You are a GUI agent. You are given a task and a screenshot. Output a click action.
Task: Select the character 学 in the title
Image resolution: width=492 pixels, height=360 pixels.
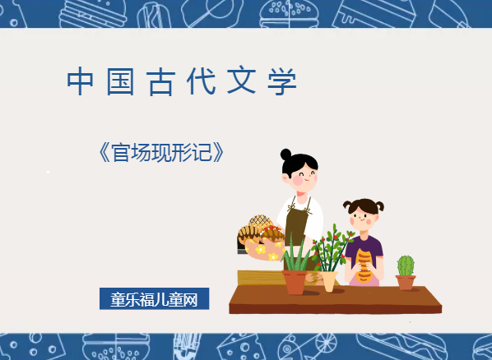point(282,82)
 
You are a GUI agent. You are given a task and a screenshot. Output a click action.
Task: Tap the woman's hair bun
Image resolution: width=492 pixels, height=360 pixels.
point(286,154)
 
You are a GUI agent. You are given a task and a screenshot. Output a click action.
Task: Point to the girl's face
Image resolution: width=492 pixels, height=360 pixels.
point(363,218)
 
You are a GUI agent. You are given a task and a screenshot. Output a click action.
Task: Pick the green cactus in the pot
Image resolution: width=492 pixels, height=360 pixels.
point(406,265)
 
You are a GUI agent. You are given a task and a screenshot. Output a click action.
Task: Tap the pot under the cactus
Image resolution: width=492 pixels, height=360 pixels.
point(406,282)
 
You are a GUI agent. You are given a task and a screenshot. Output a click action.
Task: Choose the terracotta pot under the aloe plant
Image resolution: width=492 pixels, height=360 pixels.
point(295,281)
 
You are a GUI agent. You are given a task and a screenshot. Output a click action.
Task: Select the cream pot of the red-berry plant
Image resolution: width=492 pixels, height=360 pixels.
point(329,280)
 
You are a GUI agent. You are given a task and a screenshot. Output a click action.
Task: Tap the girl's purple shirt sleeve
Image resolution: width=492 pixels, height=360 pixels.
point(378,247)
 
